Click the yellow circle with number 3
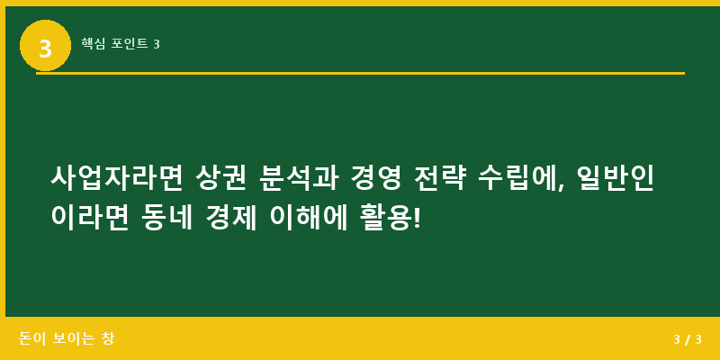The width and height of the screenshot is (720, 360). click(x=45, y=45)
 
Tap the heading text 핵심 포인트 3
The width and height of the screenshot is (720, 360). click(x=120, y=44)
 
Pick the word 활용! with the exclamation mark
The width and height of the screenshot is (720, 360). click(x=390, y=217)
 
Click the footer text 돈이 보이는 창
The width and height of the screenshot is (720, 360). click(x=67, y=339)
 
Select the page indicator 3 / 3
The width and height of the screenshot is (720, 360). click(x=687, y=339)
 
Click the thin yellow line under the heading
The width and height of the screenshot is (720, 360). click(x=360, y=73)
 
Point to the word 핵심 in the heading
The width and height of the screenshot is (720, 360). click(x=93, y=44)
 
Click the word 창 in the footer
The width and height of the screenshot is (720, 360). click(x=108, y=339)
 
